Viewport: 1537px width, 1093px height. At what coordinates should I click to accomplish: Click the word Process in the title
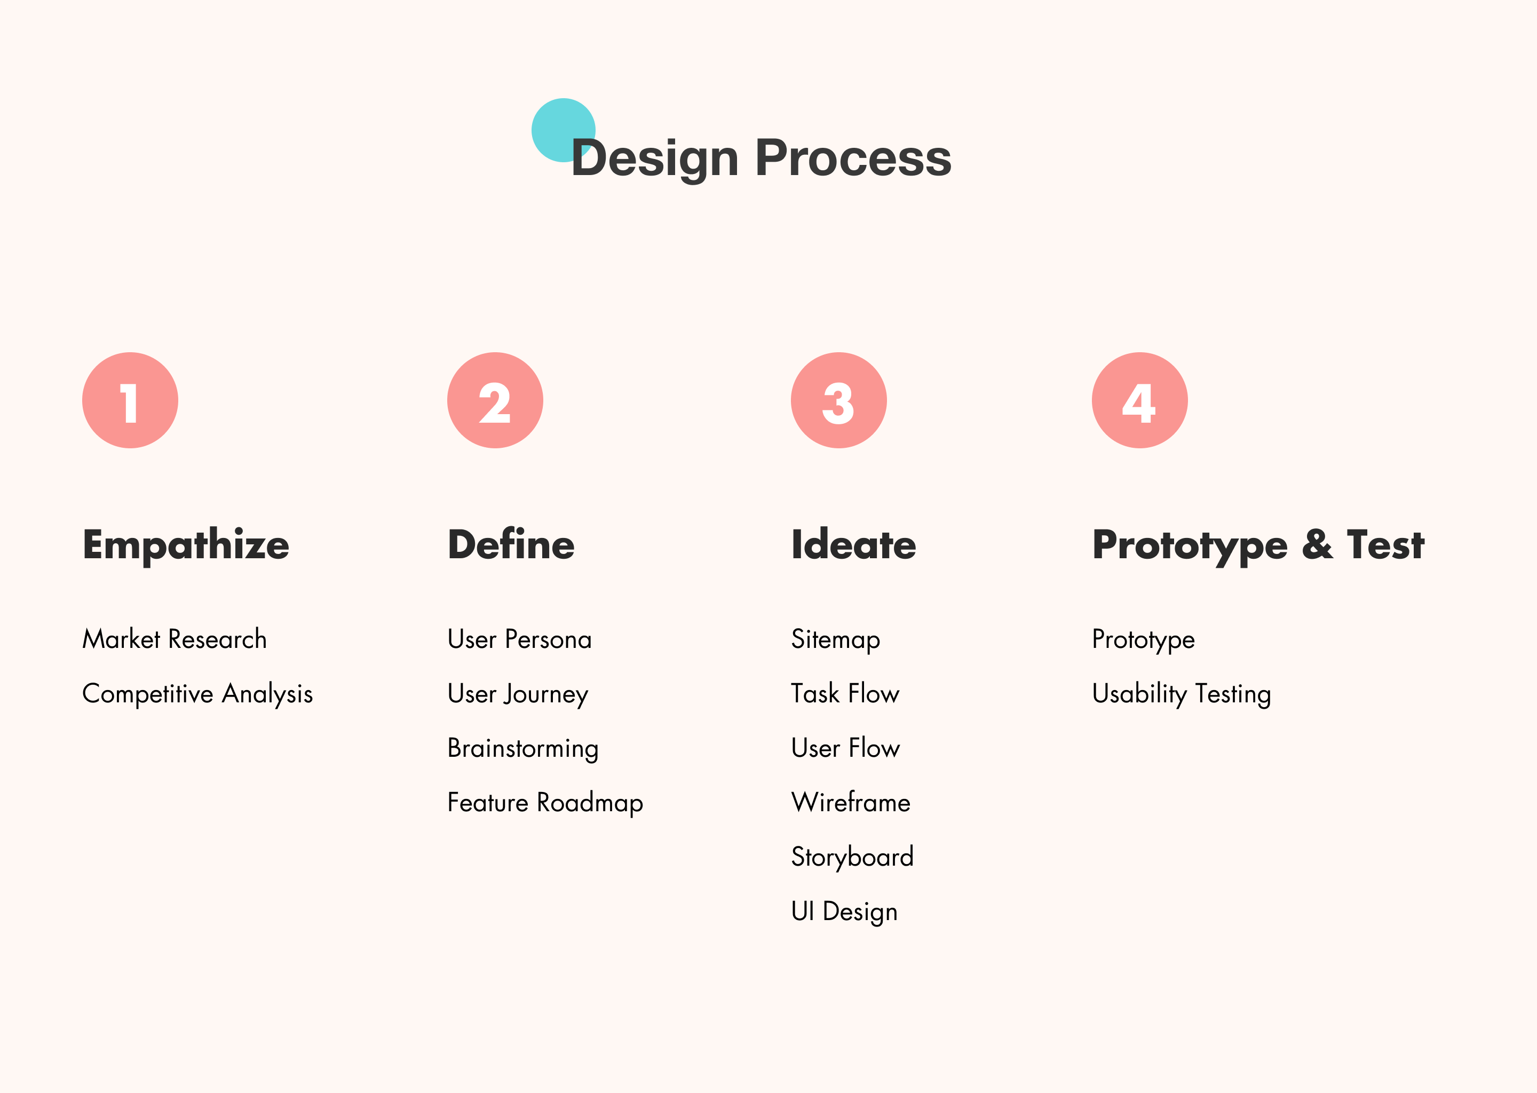(853, 158)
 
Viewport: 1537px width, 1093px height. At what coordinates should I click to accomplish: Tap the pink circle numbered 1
(130, 400)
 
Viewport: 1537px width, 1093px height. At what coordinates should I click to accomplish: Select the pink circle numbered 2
(495, 400)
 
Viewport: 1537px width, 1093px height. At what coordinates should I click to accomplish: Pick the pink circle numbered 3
(838, 400)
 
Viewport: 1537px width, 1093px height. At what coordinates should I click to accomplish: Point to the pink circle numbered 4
(1139, 400)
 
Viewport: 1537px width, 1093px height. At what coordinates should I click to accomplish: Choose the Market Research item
(175, 639)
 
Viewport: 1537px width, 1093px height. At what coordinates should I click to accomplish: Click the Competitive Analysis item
(197, 694)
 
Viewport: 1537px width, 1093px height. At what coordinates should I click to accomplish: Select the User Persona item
(519, 639)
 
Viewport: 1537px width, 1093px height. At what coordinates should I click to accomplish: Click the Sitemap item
(835, 640)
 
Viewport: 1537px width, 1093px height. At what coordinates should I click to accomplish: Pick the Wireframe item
(851, 802)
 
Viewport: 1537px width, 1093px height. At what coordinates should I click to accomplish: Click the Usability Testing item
(1181, 694)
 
